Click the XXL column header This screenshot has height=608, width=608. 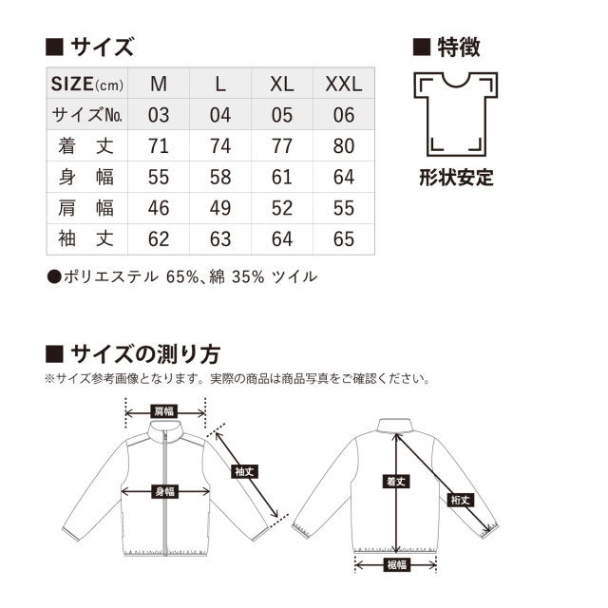point(344,84)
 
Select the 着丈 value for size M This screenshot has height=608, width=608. point(159,146)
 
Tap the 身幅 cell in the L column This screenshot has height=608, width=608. point(220,178)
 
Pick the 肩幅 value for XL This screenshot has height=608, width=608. point(282,208)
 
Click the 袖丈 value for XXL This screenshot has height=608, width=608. point(344,239)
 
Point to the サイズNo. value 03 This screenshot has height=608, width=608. point(159,115)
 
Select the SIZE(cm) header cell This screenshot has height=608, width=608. point(87,84)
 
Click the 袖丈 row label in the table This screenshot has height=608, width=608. point(85,238)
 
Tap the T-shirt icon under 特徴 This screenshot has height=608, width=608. point(456,114)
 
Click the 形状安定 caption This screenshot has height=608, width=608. point(456,178)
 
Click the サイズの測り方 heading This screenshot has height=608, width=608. point(145,354)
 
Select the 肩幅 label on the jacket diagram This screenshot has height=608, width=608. point(164,411)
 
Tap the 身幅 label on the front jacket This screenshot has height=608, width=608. point(165,492)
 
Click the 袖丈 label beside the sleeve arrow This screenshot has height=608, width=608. point(244,471)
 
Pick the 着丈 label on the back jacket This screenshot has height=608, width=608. point(396,482)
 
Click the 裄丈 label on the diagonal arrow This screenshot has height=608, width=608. point(460,501)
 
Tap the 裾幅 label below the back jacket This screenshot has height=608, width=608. point(396,564)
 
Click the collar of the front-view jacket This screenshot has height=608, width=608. point(165,429)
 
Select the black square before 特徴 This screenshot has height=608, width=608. point(422,47)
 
